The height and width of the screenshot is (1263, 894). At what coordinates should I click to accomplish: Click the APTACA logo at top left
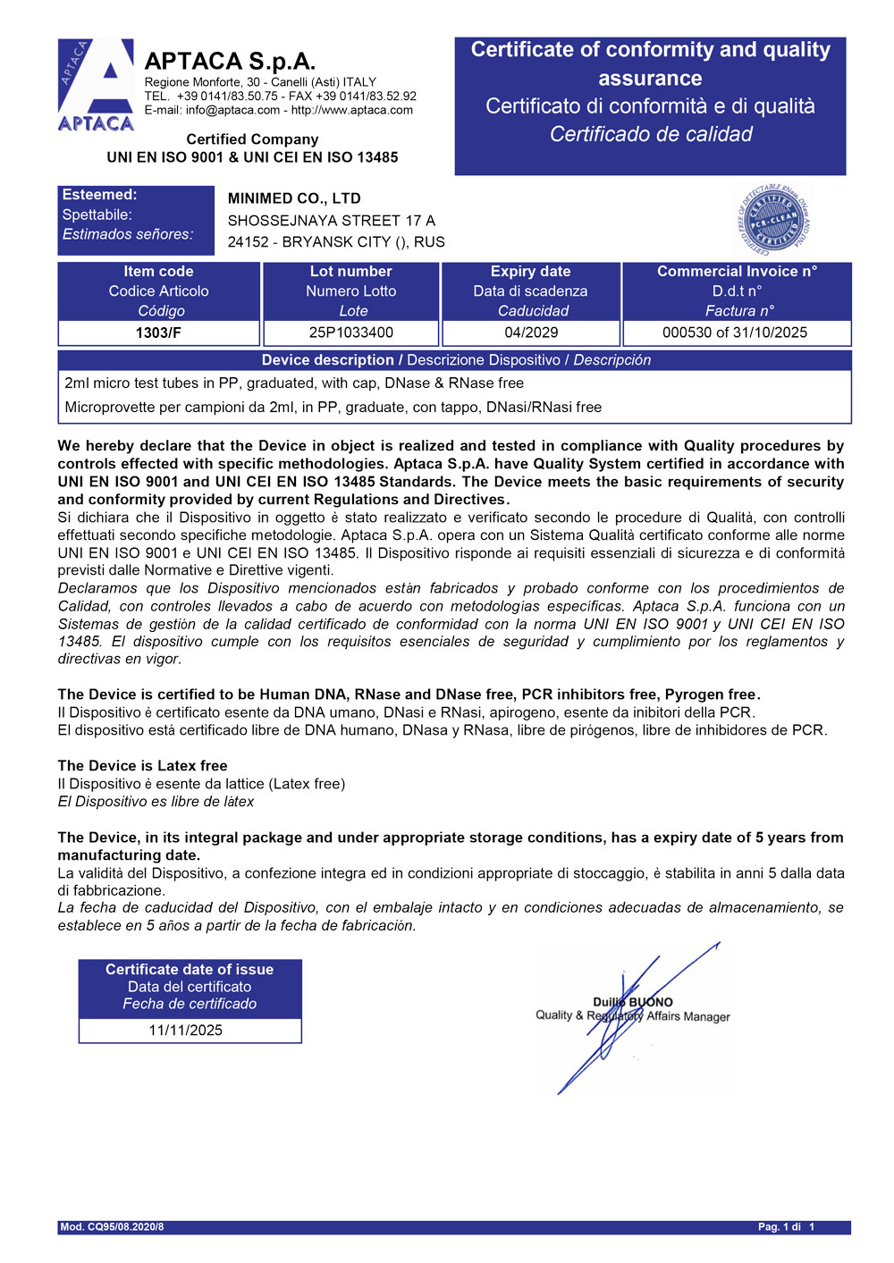(96, 86)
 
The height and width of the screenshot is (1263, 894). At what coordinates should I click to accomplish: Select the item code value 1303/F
(158, 333)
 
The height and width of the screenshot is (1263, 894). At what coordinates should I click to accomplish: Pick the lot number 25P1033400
(351, 333)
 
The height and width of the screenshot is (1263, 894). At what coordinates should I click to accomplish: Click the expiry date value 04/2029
(531, 333)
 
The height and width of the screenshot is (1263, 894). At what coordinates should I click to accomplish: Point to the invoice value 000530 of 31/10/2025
(735, 333)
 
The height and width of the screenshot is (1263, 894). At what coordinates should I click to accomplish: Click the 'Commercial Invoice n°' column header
(737, 272)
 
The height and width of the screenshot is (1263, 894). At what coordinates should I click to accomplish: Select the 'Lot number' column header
(351, 272)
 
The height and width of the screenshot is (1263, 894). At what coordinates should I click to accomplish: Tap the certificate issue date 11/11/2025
(186, 1030)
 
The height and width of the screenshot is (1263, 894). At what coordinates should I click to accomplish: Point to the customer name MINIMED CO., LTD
(294, 198)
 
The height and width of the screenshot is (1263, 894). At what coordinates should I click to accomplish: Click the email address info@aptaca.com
(232, 110)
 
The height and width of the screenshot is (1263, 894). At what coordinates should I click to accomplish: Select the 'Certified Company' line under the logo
(252, 139)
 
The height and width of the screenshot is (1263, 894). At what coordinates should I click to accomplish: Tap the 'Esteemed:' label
(99, 195)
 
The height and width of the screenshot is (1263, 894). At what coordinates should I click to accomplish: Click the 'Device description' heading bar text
(327, 360)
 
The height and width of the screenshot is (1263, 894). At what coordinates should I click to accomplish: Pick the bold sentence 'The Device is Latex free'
(142, 766)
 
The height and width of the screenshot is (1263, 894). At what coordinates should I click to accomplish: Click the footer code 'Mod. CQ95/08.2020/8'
(112, 1227)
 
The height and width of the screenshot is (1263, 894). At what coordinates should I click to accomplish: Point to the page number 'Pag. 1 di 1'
(786, 1227)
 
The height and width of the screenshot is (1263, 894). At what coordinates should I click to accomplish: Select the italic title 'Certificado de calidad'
(651, 134)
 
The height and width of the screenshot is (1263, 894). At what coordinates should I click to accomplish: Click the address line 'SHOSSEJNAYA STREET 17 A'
(332, 220)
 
